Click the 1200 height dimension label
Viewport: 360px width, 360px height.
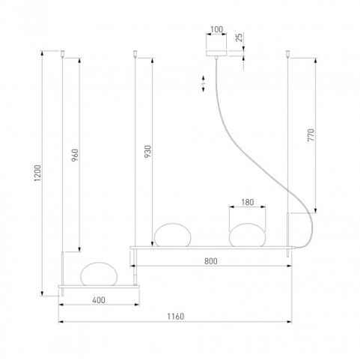pyautogui.click(x=37, y=173)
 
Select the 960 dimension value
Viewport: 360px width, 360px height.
pyautogui.click(x=75, y=155)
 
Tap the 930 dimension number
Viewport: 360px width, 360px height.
pyautogui.click(x=147, y=151)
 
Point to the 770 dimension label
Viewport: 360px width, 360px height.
pyautogui.click(x=311, y=135)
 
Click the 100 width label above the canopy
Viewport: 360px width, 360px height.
pyautogui.click(x=216, y=29)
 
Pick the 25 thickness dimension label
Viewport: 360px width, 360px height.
pyautogui.click(x=239, y=37)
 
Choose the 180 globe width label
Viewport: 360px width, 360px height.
pyautogui.click(x=247, y=202)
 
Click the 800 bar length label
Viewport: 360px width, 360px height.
pyautogui.click(x=211, y=261)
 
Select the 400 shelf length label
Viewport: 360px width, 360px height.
pyautogui.click(x=99, y=300)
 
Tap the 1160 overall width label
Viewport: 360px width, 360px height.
pyautogui.click(x=175, y=317)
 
